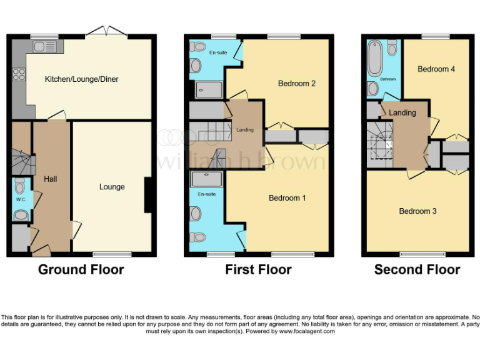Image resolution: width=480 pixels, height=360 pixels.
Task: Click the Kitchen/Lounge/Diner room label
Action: tap(81, 79)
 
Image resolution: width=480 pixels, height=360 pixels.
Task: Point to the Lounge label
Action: tap(112, 186)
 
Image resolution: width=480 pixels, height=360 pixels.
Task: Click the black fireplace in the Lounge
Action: tap(148, 195)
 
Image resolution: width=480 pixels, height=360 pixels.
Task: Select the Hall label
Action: tap(51, 179)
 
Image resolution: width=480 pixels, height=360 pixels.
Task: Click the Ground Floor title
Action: tap(81, 270)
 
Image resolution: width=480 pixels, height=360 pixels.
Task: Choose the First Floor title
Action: tap(258, 270)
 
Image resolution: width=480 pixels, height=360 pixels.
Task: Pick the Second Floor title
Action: tap(417, 270)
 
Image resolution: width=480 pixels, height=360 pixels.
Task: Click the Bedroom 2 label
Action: tap(296, 83)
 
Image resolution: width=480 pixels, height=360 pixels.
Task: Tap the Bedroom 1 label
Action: tap(287, 198)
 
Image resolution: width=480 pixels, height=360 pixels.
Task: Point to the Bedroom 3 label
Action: tap(417, 211)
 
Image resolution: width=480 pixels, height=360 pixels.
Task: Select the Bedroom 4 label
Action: tap(436, 69)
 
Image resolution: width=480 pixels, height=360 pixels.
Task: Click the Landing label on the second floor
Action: tap(402, 113)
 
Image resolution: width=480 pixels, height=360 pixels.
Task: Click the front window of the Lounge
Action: tap(112, 254)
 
